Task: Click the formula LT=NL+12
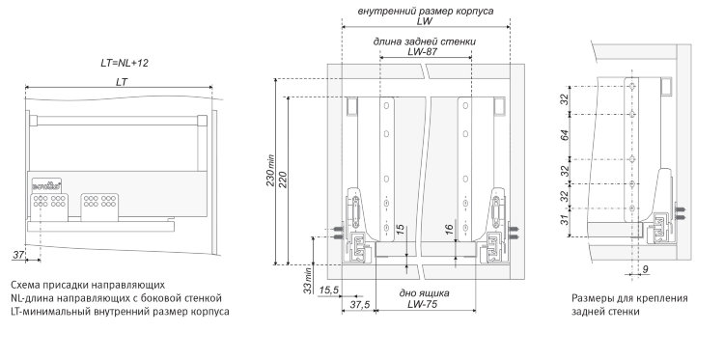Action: [x=125, y=64]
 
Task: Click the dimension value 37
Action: [x=18, y=255]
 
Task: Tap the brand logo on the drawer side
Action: [x=45, y=186]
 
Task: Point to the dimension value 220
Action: [x=283, y=180]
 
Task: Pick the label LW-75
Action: [x=422, y=304]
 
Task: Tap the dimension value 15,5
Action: [x=329, y=290]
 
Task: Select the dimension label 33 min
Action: [x=308, y=282]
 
